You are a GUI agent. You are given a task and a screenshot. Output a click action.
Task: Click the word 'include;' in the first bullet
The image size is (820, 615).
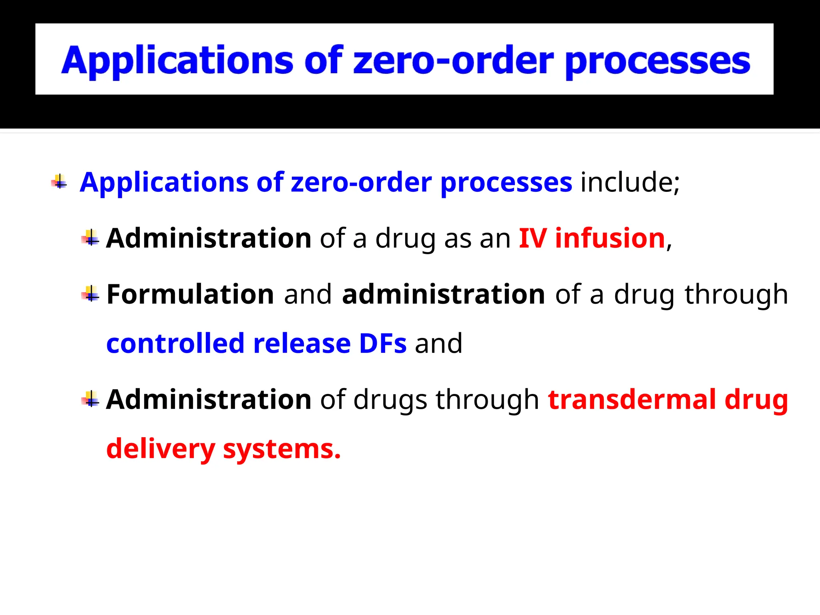pos(630,182)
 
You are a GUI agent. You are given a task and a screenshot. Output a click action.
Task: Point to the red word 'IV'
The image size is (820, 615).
pos(533,238)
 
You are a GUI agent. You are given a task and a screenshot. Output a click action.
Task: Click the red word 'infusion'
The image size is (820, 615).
pos(610,238)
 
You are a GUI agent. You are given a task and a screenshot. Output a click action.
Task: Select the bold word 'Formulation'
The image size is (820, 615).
pos(190,294)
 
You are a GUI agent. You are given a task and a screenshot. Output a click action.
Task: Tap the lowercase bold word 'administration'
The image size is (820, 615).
pos(444,294)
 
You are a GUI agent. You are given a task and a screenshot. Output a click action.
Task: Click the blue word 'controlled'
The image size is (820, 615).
pos(175,344)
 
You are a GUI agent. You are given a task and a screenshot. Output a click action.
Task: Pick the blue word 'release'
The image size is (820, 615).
pos(302,344)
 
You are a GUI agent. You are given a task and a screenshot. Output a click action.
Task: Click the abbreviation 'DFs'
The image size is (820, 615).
pos(383,344)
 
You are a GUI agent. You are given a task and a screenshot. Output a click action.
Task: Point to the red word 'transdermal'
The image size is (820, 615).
pos(632,399)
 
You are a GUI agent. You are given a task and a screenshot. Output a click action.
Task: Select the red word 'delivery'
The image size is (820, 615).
pos(161,449)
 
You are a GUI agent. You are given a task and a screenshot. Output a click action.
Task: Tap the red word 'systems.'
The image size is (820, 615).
pos(281,449)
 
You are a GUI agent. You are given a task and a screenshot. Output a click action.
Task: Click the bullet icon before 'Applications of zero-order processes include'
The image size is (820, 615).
pos(59,182)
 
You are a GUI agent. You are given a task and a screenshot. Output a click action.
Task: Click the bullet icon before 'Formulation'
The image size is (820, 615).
pos(90,294)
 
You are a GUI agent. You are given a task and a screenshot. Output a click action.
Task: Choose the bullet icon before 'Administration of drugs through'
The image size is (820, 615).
pos(90,399)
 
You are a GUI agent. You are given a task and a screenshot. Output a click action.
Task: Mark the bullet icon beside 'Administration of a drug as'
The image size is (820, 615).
pos(90,238)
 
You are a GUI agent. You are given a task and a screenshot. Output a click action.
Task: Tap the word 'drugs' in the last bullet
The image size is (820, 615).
pos(390,400)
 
